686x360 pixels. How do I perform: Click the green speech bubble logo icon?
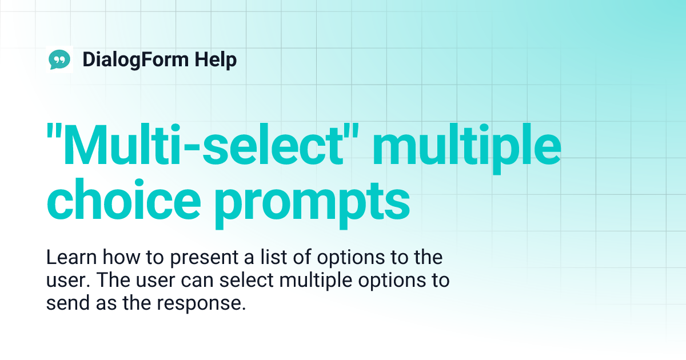(60, 59)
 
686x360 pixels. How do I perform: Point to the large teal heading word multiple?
(463, 147)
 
